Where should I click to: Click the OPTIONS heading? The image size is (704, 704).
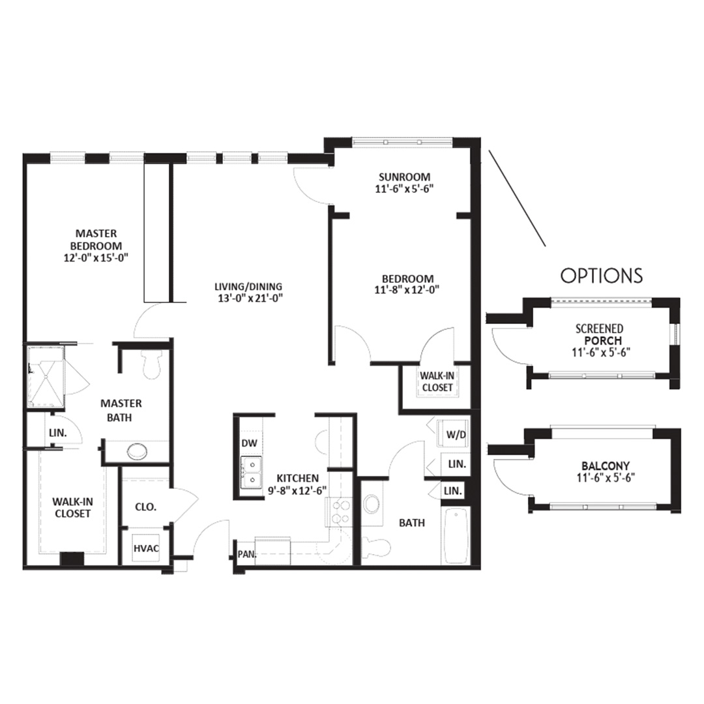pos(601,275)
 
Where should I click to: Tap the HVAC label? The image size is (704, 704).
pos(147,548)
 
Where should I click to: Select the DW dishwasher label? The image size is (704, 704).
pos(249,443)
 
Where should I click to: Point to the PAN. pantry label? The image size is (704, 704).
pos(246,555)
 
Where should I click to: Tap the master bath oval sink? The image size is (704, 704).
pos(138,451)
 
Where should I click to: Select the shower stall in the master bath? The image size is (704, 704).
pos(46,376)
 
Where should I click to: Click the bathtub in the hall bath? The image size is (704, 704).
pos(456,536)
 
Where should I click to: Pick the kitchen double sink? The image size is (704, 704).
pos(251,473)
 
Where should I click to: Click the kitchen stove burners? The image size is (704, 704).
pos(340,512)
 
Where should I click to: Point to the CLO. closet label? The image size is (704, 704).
pos(146,507)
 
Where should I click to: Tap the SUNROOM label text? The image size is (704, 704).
pos(404,177)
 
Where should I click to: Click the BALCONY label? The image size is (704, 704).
pos(606,465)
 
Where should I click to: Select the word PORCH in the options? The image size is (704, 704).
pos(603,340)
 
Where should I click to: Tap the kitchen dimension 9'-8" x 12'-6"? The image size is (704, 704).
pos(297,490)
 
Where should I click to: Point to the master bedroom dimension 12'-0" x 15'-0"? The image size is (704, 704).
pos(96,257)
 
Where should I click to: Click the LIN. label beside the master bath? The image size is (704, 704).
pos(58,433)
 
